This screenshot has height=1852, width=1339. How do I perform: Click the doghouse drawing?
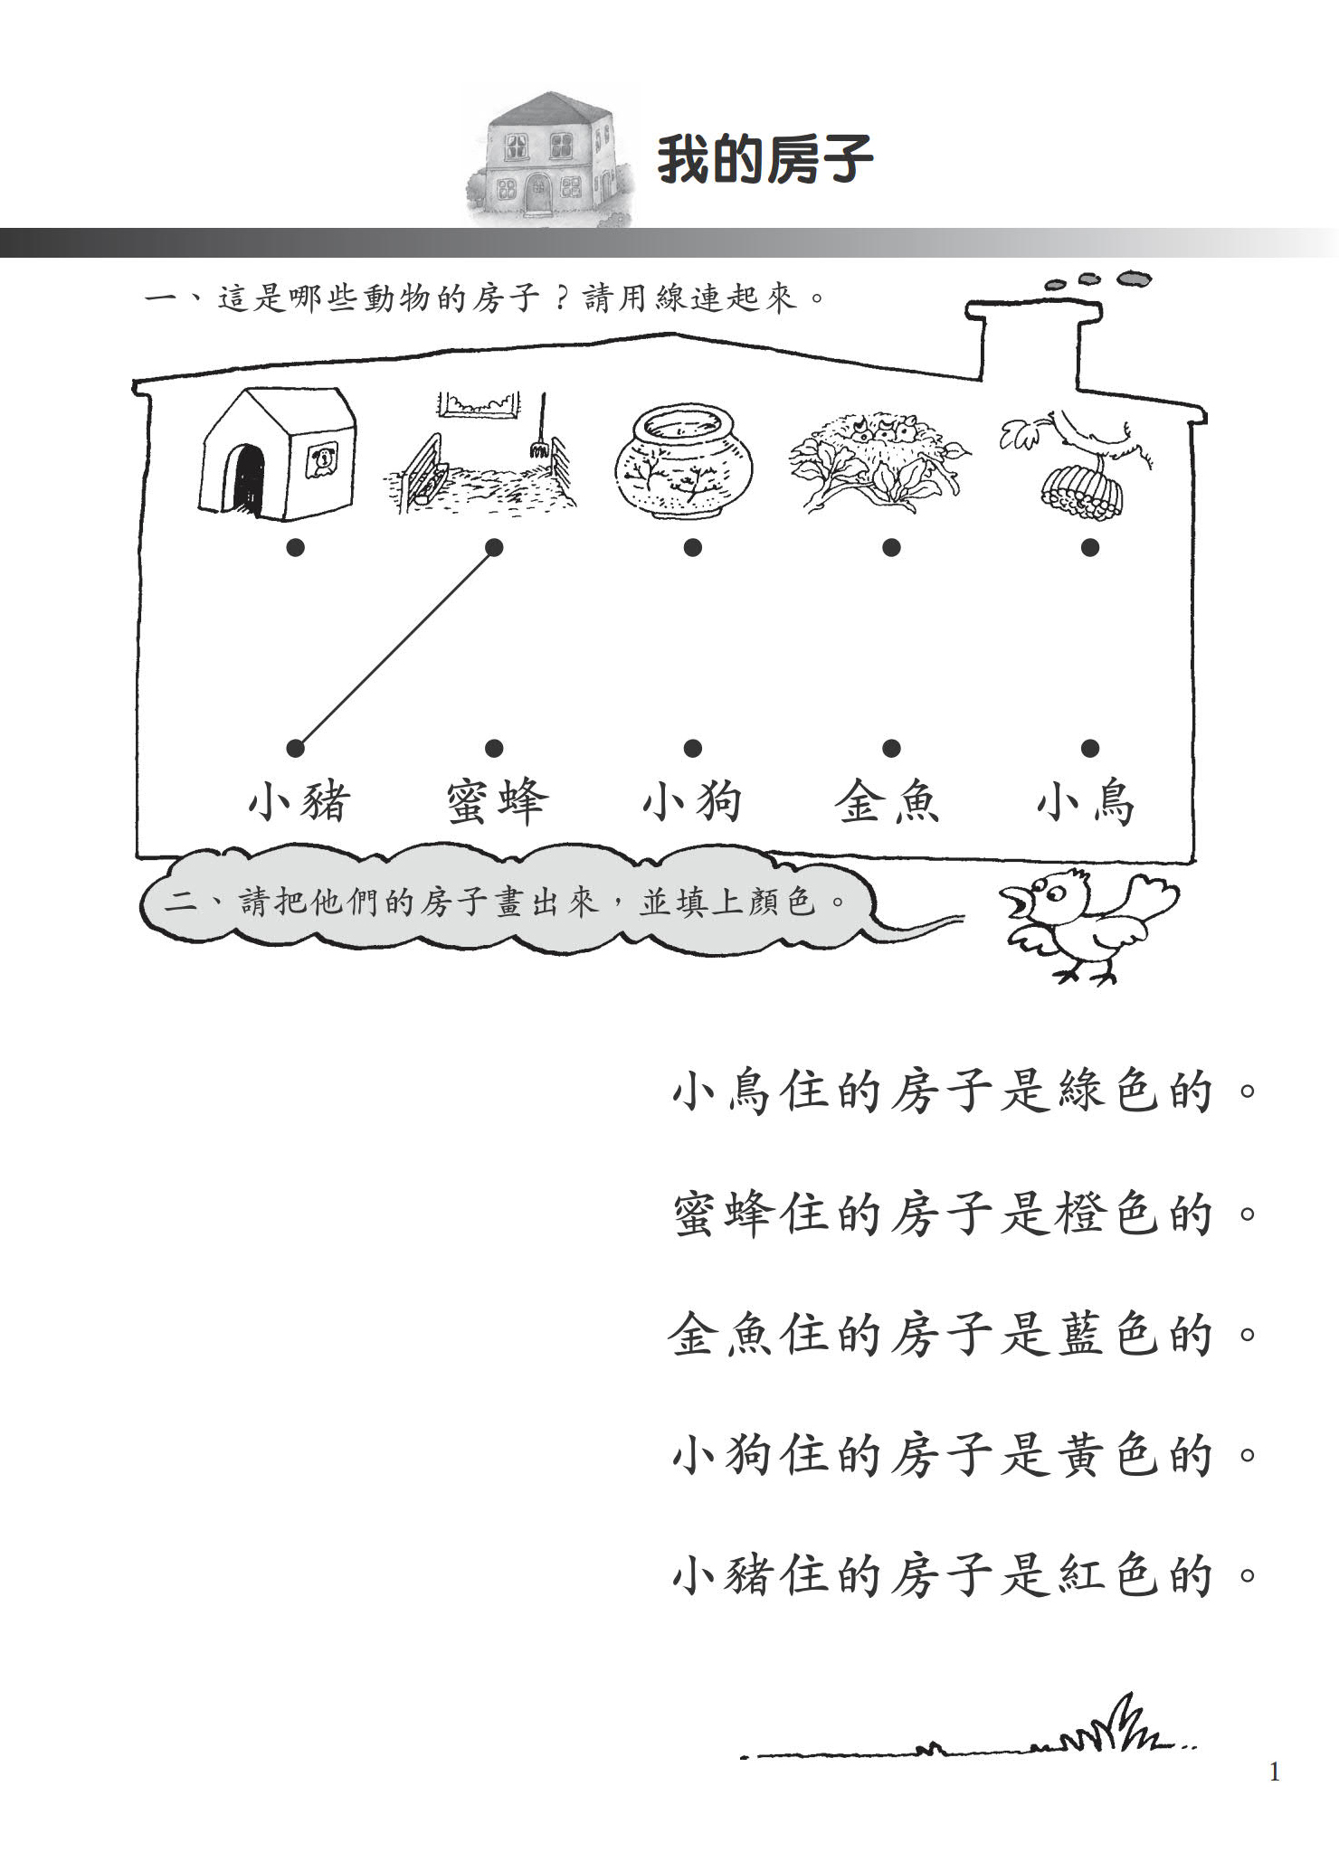(x=277, y=453)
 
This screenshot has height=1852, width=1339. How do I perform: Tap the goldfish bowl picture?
(x=684, y=461)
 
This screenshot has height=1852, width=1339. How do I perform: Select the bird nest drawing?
(x=879, y=459)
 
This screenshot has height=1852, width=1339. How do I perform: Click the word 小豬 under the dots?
(x=299, y=801)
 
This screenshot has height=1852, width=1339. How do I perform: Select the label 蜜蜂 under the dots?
(x=497, y=801)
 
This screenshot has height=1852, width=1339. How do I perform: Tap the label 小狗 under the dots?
(x=693, y=801)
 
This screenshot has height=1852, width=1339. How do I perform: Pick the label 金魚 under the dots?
(x=888, y=801)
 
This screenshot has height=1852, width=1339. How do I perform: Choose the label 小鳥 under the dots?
(x=1086, y=802)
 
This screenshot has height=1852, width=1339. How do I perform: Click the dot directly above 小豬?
(x=295, y=748)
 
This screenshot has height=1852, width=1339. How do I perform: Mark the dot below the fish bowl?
(x=693, y=547)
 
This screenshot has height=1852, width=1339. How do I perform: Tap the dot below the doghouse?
(x=295, y=547)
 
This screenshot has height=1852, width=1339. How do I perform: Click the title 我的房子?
(x=765, y=160)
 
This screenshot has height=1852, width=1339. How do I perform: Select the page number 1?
(x=1275, y=1772)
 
